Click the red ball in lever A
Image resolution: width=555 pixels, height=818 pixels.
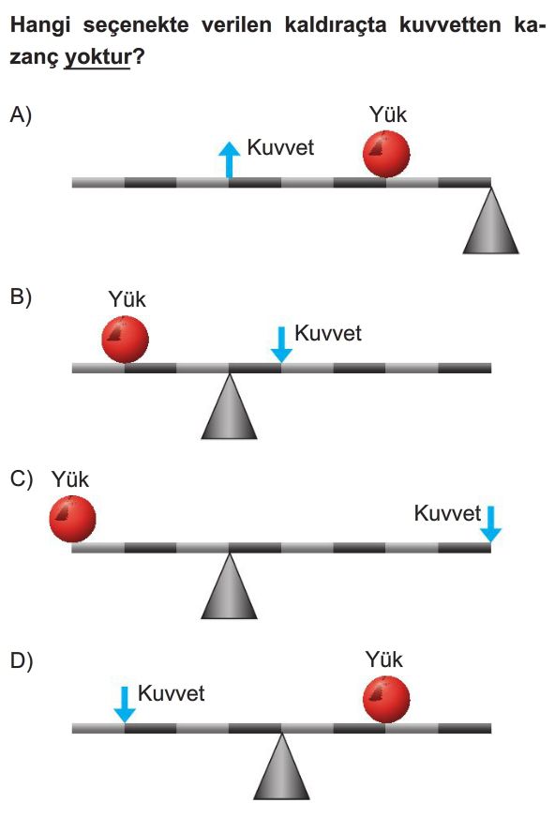point(386,154)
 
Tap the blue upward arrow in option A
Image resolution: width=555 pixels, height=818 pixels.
point(230,159)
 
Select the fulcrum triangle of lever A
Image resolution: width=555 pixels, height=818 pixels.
point(491,220)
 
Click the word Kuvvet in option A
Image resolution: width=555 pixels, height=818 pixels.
point(280,147)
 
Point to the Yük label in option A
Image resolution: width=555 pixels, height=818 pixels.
point(388,114)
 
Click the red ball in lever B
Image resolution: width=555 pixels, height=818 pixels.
point(125,339)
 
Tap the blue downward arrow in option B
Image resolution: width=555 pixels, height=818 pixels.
point(281,344)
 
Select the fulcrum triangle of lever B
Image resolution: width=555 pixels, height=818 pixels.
point(230,406)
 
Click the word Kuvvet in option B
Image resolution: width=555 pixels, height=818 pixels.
point(328,333)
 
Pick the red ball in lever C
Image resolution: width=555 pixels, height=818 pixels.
point(72,519)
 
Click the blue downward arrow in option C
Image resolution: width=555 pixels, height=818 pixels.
point(490,523)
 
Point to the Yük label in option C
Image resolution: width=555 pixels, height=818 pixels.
point(70,479)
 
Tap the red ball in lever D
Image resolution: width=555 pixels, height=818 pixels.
point(386,699)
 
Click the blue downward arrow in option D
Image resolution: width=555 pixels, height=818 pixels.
point(125,704)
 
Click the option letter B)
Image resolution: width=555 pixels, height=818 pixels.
point(21,297)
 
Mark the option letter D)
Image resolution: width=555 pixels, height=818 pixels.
point(22,660)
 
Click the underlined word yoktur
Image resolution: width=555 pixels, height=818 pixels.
point(97,57)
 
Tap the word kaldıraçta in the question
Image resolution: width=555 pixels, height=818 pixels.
point(336,25)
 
